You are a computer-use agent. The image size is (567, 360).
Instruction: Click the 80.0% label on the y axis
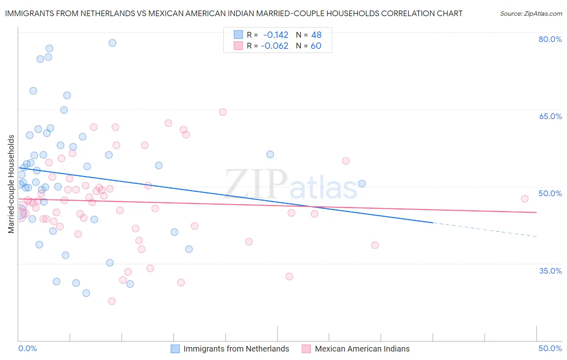tap(550, 39)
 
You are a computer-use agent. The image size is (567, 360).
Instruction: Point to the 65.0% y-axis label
tap(550, 116)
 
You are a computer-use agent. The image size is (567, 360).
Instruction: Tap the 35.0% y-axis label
tap(550, 271)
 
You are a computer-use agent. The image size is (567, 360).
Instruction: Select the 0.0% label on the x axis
tap(27, 348)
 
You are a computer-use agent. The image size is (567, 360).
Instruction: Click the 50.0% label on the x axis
tap(550, 348)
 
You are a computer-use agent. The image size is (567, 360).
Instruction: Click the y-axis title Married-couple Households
tap(11, 184)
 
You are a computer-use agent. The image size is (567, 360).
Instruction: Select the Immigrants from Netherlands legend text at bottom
tap(236, 349)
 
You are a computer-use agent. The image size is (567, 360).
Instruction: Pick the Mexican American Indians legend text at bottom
tap(362, 349)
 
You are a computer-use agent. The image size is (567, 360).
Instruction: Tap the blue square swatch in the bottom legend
tap(175, 349)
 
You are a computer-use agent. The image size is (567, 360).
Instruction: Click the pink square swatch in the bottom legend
tap(306, 349)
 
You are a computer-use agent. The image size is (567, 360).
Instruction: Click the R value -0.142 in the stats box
tap(275, 35)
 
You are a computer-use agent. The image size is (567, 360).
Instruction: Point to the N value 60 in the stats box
tap(316, 46)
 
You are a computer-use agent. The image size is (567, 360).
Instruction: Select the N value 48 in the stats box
tap(316, 35)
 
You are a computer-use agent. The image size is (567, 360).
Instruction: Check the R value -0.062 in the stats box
tap(274, 46)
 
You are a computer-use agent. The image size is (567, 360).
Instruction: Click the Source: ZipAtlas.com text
tap(531, 14)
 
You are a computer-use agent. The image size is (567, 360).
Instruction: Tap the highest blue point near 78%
tap(113, 43)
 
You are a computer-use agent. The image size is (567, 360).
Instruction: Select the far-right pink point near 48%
tap(525, 199)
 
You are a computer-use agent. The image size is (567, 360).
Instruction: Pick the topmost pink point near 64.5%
tap(223, 112)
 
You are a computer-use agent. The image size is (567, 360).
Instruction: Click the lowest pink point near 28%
tap(112, 301)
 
